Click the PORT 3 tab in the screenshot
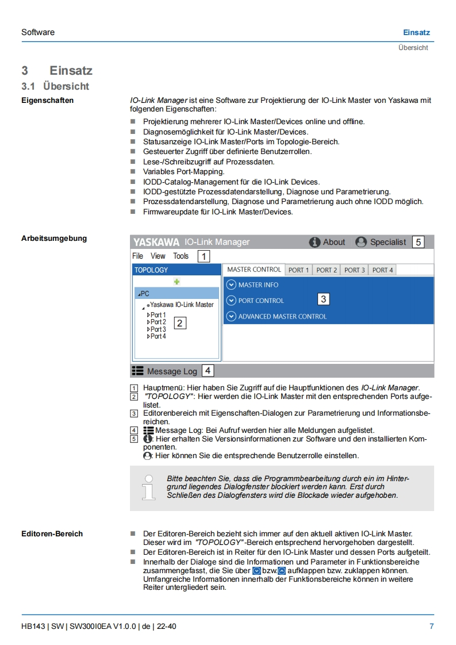[354, 270]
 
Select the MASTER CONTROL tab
[254, 270]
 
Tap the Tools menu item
[181, 256]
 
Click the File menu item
[137, 256]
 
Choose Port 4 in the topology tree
[157, 336]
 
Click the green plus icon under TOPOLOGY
[177, 282]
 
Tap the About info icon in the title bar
[315, 242]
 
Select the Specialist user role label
[388, 242]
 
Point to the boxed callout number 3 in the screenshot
[323, 299]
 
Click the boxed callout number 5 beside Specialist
[418, 242]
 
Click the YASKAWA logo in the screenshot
[156, 242]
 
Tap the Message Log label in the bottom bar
[171, 371]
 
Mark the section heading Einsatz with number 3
[70, 71]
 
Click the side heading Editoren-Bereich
[52, 533]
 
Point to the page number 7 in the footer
[431, 626]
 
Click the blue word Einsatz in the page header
[416, 32]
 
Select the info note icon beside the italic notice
[148, 486]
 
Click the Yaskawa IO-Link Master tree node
[181, 305]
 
